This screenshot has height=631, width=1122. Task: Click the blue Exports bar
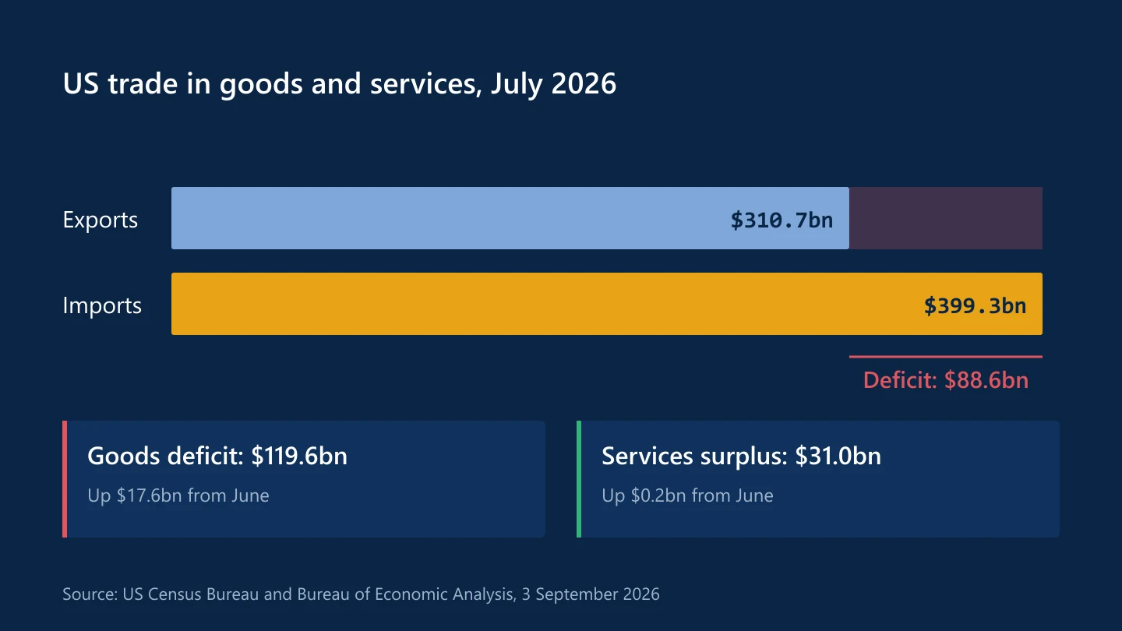[x=510, y=218]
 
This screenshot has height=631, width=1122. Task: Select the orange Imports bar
[x=606, y=304]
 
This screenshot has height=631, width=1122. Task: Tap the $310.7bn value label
[x=782, y=220]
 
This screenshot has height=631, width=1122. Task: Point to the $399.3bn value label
[x=975, y=306]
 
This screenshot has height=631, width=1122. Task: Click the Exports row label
[x=101, y=220]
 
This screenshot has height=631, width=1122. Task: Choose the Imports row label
[x=102, y=305]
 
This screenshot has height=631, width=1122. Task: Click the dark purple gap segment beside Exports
[x=946, y=218]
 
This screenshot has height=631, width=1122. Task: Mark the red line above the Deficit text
[x=946, y=357]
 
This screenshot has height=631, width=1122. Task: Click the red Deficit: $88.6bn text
[x=946, y=380]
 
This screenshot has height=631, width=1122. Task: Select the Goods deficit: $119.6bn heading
[x=217, y=457]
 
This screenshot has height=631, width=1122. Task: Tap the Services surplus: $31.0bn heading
[x=741, y=457]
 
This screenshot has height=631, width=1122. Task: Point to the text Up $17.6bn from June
[x=178, y=495]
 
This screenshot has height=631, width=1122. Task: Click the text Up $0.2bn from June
[x=687, y=495]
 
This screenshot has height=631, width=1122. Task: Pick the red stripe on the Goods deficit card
[x=65, y=479]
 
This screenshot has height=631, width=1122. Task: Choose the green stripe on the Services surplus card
[x=579, y=479]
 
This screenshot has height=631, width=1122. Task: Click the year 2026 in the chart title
[x=584, y=83]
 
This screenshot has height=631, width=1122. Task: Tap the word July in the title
[x=517, y=84]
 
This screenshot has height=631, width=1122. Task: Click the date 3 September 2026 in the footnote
[x=591, y=594]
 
